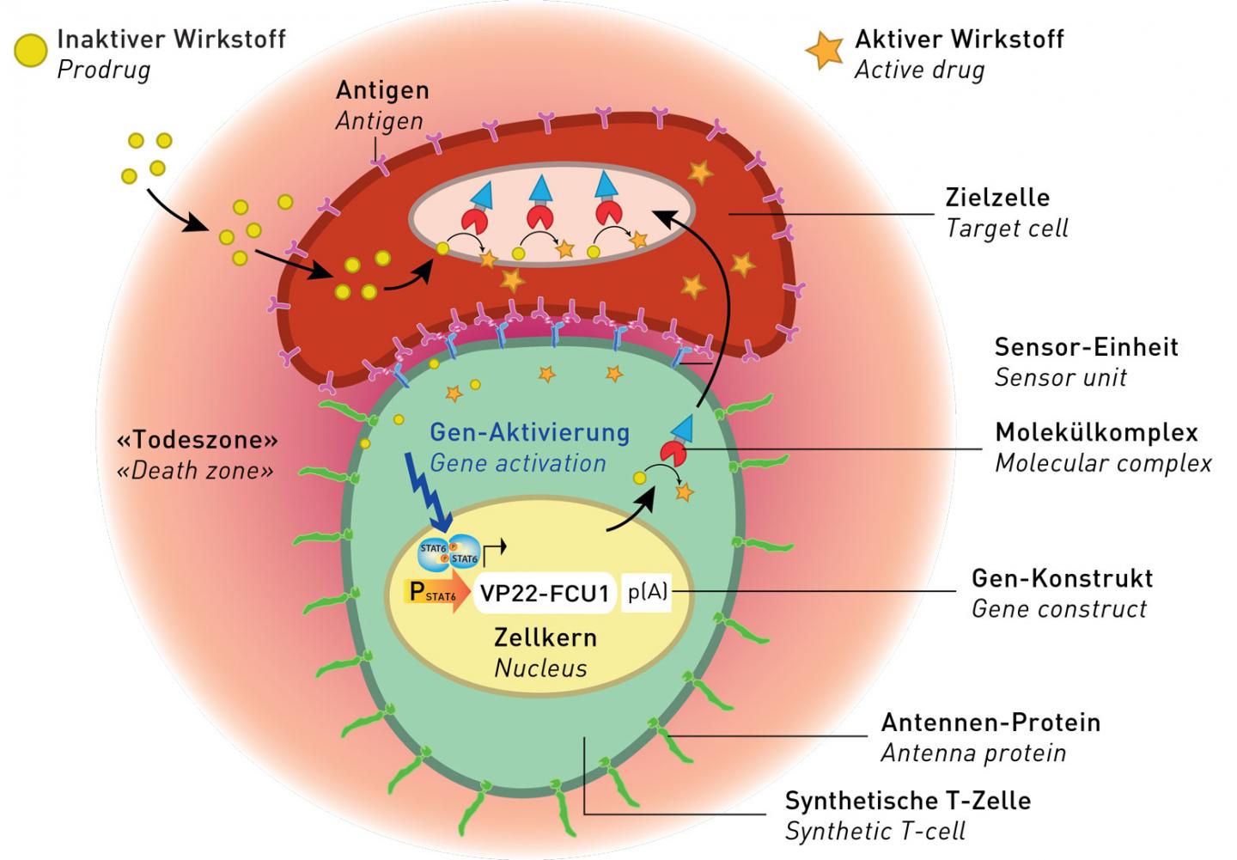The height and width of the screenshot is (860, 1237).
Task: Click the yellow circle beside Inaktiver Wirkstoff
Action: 30,52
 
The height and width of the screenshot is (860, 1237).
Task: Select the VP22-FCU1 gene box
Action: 545,593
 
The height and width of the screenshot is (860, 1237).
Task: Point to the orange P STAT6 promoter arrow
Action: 435,593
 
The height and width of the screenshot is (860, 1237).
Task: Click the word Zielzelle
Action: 997,198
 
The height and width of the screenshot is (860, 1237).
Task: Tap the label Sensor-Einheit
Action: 1086,347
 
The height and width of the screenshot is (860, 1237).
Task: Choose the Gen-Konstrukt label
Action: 1062,578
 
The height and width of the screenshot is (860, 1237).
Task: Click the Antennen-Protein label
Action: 990,723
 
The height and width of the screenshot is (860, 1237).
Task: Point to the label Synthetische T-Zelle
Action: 907,801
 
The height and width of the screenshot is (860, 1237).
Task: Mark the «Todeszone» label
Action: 198,440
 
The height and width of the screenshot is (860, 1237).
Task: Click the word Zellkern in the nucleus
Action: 545,637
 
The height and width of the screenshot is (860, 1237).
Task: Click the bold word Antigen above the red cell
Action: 382,90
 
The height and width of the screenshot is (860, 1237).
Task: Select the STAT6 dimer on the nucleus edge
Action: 449,552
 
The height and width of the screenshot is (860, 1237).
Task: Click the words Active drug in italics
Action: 919,70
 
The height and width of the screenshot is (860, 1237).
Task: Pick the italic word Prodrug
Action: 103,70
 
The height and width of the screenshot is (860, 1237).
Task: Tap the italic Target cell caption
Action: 1007,229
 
